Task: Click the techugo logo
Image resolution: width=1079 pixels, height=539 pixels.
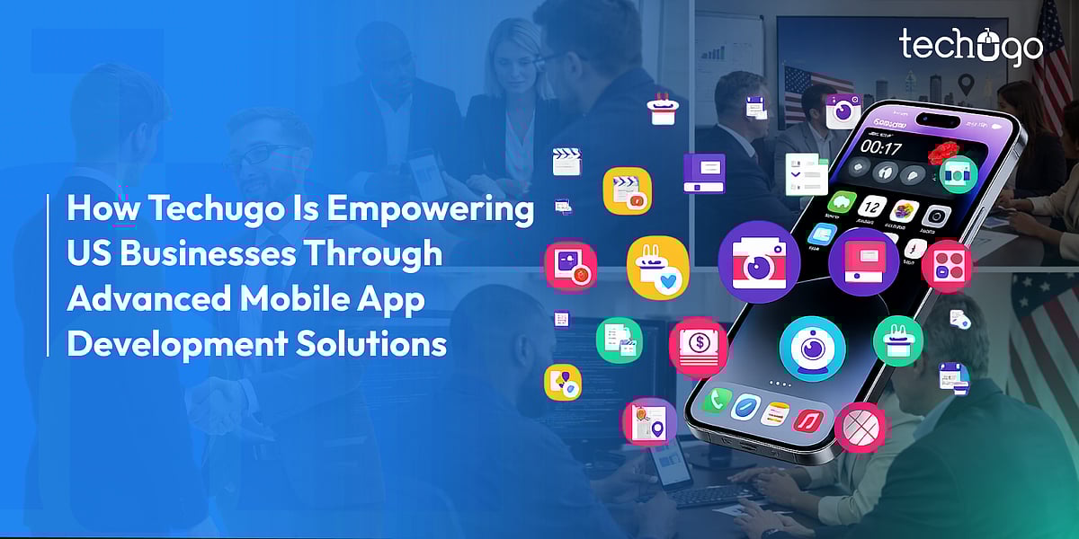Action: click(970, 47)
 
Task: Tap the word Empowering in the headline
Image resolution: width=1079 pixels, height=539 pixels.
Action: click(430, 210)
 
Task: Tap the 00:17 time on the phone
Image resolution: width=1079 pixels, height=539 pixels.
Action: click(880, 146)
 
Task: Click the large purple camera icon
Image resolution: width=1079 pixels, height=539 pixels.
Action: click(759, 262)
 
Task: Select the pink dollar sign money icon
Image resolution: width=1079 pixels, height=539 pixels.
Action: click(699, 347)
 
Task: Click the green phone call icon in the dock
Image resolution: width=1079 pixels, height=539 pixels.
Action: click(717, 399)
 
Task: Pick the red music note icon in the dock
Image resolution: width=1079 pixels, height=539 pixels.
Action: click(808, 421)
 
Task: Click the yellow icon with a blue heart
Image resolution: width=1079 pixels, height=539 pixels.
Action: click(658, 268)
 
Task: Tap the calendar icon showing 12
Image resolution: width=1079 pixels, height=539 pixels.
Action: click(871, 208)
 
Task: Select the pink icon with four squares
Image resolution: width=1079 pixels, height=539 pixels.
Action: click(947, 266)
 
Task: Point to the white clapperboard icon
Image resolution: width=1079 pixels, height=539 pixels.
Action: click(567, 162)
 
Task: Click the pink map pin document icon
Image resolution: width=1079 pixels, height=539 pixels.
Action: click(649, 422)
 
